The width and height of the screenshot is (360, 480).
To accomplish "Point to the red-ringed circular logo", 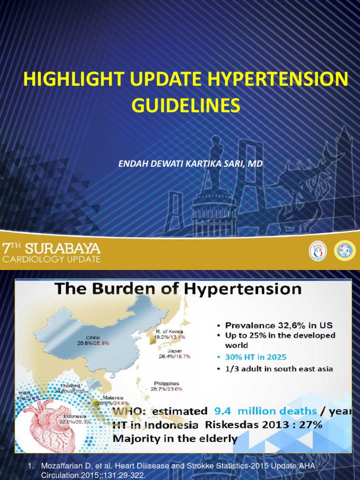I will [x=317, y=251].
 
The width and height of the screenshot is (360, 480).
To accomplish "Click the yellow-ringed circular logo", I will [x=345, y=251].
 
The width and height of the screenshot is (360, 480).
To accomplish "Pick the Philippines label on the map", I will [x=166, y=383].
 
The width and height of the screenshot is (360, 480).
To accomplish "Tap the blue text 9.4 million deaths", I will [x=265, y=411].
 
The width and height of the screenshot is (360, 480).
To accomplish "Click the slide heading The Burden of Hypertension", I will [x=178, y=289].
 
